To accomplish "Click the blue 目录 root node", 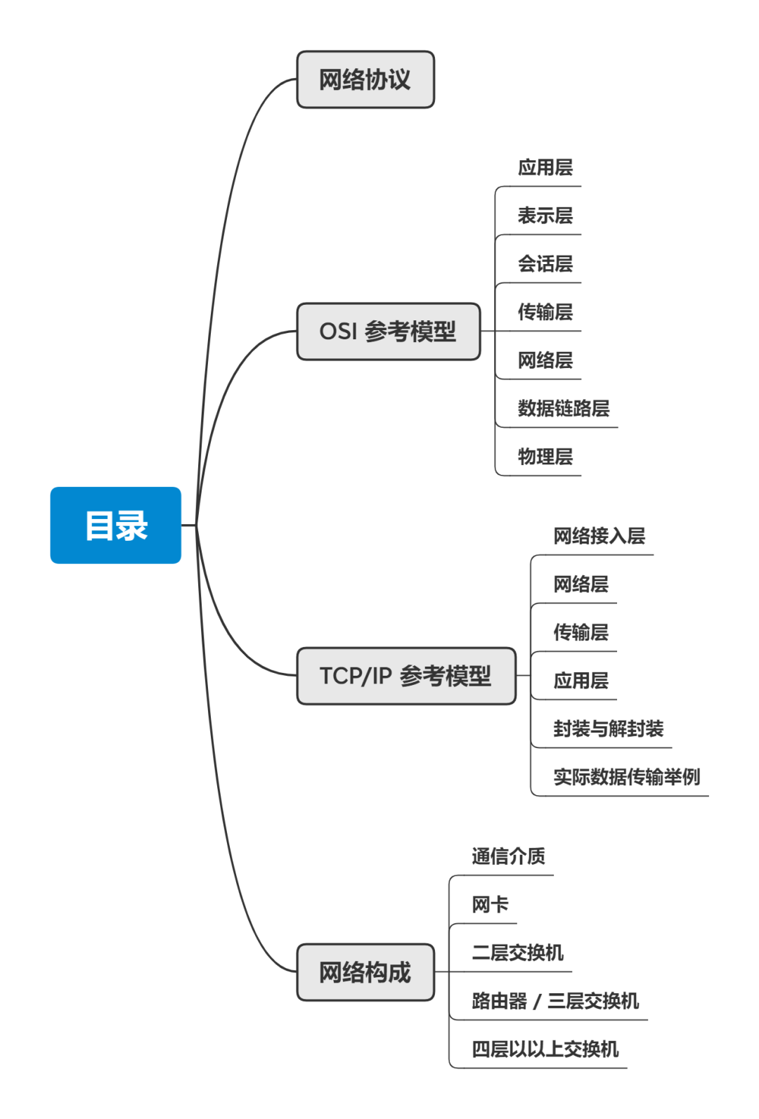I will [116, 525].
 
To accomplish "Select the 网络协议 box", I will [365, 80].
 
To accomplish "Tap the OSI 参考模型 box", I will [388, 332].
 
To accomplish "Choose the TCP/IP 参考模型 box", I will [406, 676].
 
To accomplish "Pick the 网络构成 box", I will [365, 972].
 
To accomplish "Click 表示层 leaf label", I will [545, 216].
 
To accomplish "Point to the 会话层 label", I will [545, 264].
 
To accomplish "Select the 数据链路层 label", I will [564, 408].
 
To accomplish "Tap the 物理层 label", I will [545, 457].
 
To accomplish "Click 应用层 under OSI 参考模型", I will [545, 168].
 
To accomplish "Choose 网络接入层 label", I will [599, 536].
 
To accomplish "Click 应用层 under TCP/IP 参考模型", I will [581, 681].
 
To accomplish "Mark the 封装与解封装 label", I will [609, 728].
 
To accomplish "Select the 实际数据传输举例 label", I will [627, 777].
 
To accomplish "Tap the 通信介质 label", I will [509, 856].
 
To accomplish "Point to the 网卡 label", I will [491, 905].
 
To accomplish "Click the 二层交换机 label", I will [518, 953].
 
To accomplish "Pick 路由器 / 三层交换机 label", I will [555, 1001].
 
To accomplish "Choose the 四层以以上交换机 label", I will [545, 1049].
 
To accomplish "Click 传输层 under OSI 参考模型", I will [545, 312].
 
